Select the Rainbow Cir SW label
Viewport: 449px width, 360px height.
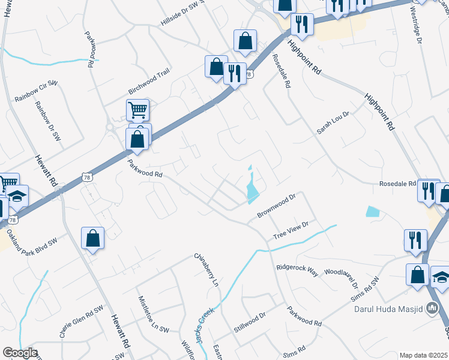coord(35,91)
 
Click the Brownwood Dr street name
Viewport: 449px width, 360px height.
coord(277,206)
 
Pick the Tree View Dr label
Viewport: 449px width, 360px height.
coord(291,229)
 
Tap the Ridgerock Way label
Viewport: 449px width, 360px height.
coord(297,269)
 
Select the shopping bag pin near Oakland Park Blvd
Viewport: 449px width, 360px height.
coord(94,238)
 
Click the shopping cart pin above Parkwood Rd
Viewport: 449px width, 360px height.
coord(137,110)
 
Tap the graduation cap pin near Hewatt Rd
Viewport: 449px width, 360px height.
coord(18,196)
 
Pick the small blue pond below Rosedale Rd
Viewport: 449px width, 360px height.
coord(372,211)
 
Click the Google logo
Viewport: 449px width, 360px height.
coord(20,353)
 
